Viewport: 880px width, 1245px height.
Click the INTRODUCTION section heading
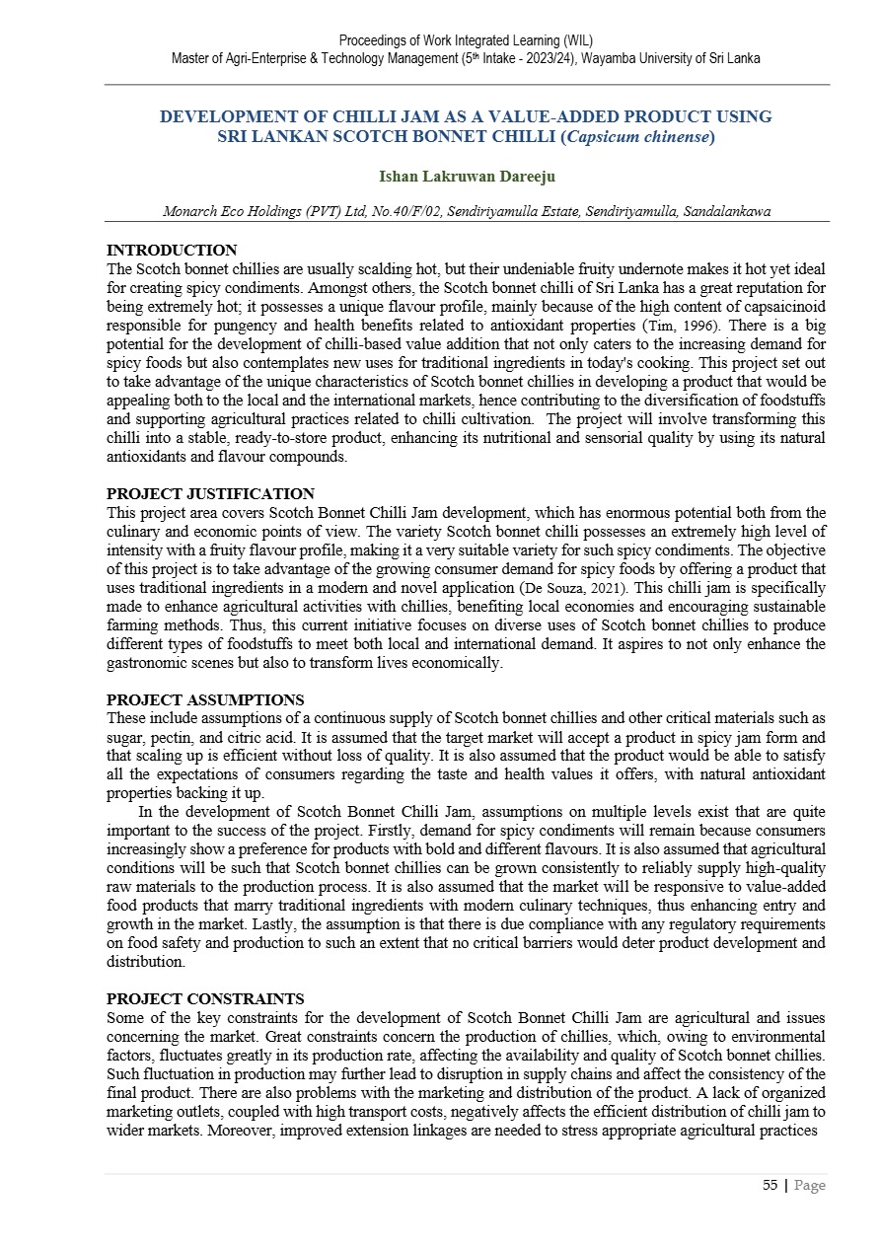click(x=172, y=251)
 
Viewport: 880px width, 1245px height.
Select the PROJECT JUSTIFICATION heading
click(x=210, y=494)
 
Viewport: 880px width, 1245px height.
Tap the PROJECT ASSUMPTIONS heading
click(x=205, y=700)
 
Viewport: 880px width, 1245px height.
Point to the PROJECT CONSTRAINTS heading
click(x=205, y=999)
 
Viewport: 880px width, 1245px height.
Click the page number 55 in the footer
click(x=770, y=1186)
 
